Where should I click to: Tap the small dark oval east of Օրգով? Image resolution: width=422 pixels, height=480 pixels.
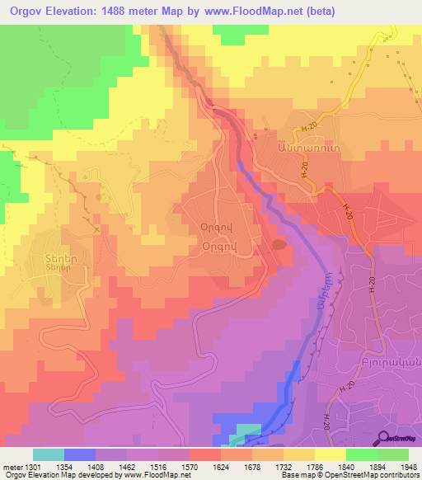tap(279, 243)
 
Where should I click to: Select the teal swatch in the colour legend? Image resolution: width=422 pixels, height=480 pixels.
tap(49, 454)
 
